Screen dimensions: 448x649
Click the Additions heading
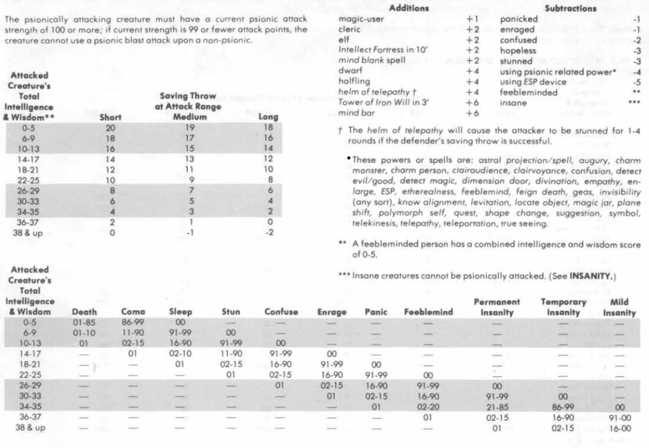409,8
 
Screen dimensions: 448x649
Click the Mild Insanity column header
619,308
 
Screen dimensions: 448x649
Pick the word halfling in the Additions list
353,82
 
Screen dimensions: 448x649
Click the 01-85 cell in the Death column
84,322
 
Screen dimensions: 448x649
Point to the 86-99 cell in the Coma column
133,322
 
